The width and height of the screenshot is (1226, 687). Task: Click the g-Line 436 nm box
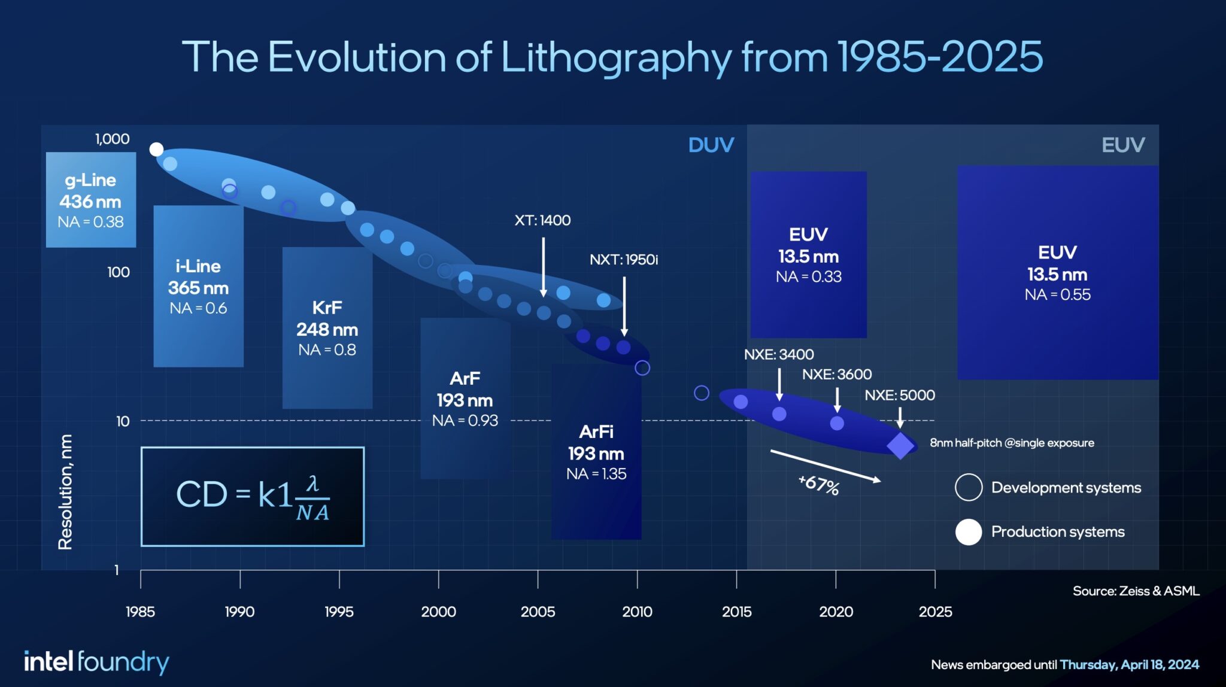click(91, 200)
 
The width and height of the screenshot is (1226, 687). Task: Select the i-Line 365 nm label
click(198, 276)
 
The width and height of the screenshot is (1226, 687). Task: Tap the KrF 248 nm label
click(327, 318)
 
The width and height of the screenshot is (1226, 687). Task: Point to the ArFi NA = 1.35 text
click(596, 474)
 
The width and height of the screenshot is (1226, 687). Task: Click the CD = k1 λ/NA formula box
click(252, 497)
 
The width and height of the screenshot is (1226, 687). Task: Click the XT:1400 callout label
click(542, 220)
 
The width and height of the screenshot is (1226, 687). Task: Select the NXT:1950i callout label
click(623, 260)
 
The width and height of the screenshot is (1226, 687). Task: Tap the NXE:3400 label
click(778, 354)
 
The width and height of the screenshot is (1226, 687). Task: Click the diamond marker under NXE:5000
click(900, 446)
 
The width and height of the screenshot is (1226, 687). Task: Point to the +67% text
click(819, 484)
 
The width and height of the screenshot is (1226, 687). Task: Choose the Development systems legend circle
click(968, 487)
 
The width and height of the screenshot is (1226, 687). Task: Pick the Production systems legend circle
click(968, 532)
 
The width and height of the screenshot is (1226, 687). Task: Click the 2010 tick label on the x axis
click(637, 612)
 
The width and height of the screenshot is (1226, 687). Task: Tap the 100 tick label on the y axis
click(118, 272)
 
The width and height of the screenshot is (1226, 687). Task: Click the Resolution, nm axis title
click(65, 492)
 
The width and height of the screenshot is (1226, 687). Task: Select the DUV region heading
click(711, 145)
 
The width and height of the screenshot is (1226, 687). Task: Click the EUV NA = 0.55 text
click(1057, 294)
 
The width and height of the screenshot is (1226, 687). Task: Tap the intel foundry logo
click(96, 662)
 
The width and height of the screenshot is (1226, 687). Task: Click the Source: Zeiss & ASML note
click(1136, 591)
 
